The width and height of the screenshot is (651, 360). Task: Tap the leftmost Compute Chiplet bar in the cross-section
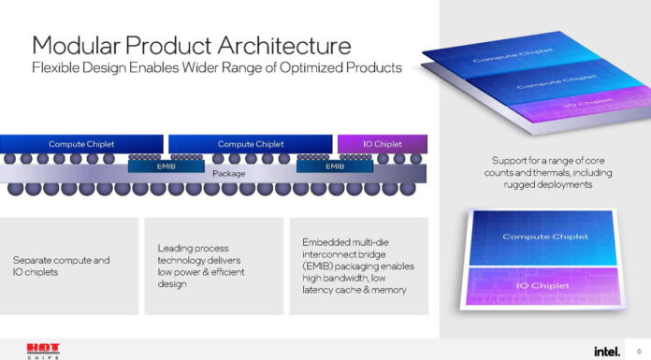pyautogui.click(x=81, y=144)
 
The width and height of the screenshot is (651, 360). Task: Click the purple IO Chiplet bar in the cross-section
pyautogui.click(x=382, y=144)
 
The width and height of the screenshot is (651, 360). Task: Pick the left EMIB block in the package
pyautogui.click(x=152, y=166)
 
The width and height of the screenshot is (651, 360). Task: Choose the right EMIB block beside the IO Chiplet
pyautogui.click(x=335, y=166)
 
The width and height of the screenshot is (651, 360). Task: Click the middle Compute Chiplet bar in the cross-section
pyautogui.click(x=250, y=144)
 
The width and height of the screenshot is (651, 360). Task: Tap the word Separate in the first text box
pyautogui.click(x=35, y=259)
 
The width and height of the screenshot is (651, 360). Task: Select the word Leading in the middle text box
pyautogui.click(x=176, y=248)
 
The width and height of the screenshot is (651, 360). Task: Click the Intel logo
pyautogui.click(x=605, y=350)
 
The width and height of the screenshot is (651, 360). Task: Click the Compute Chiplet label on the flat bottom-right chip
pyautogui.click(x=545, y=237)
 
